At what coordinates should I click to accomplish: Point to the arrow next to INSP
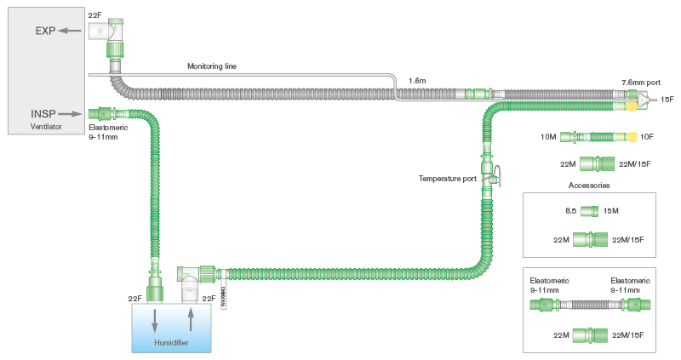72,112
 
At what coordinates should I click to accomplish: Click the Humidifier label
171,343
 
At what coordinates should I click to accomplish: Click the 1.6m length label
417,80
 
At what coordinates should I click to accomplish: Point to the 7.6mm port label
640,83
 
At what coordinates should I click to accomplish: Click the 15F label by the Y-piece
667,100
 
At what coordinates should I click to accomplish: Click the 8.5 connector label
571,210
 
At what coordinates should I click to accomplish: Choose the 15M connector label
611,210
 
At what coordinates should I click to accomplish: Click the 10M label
547,136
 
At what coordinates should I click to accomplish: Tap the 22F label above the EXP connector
96,15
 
